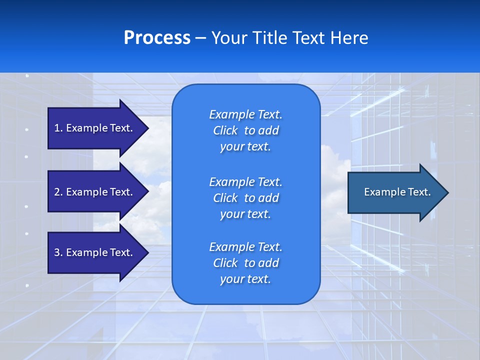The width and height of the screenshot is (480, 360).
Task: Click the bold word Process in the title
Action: pyautogui.click(x=157, y=38)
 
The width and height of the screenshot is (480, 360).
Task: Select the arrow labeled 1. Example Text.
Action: pyautogui.click(x=93, y=128)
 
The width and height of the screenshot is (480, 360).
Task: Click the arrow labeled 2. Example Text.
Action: pyautogui.click(x=93, y=192)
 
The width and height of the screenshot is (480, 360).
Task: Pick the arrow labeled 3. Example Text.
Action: pyautogui.click(x=93, y=252)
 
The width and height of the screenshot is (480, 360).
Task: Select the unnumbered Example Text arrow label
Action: pyautogui.click(x=397, y=192)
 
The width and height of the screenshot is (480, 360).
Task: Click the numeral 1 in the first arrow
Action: pyautogui.click(x=56, y=128)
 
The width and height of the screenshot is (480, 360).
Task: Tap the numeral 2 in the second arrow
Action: pyautogui.click(x=56, y=192)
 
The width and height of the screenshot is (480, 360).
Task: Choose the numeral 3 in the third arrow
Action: pyautogui.click(x=56, y=252)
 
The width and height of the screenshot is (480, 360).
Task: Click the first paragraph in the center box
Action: pyautogui.click(x=245, y=130)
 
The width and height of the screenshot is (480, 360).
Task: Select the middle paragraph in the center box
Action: pyautogui.click(x=245, y=198)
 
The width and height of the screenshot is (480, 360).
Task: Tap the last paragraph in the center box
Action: pyautogui.click(x=245, y=263)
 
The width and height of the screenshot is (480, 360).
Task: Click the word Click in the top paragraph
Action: pyautogui.click(x=225, y=130)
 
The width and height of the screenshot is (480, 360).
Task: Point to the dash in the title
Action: pyautogui.click(x=200, y=38)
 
